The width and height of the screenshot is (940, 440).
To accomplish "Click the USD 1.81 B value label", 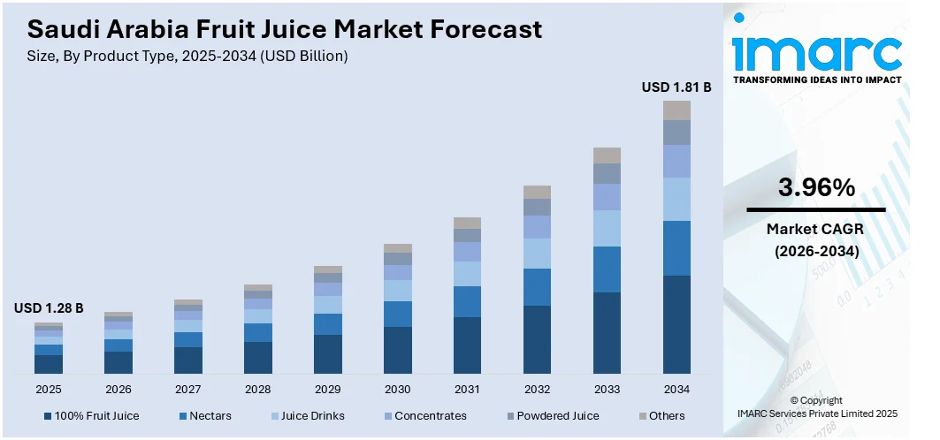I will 676,87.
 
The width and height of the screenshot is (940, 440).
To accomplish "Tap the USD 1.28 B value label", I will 49,308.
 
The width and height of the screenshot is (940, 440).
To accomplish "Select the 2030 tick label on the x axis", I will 398,389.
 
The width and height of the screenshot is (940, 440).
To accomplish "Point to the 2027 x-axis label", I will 188,389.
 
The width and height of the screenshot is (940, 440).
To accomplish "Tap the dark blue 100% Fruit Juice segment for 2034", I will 676,324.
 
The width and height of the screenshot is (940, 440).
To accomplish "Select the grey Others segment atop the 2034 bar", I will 676,110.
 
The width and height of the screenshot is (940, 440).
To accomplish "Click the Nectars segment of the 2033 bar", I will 607,269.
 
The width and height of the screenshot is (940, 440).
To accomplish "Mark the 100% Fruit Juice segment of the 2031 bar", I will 467,345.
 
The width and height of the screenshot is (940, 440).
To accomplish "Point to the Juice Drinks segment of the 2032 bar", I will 537,254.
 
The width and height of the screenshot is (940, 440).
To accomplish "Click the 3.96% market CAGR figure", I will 816,187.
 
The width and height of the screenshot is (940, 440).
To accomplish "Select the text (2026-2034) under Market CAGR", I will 816,251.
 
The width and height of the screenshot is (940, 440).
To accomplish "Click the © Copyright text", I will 816,400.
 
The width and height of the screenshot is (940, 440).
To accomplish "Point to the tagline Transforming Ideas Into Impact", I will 816,80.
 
